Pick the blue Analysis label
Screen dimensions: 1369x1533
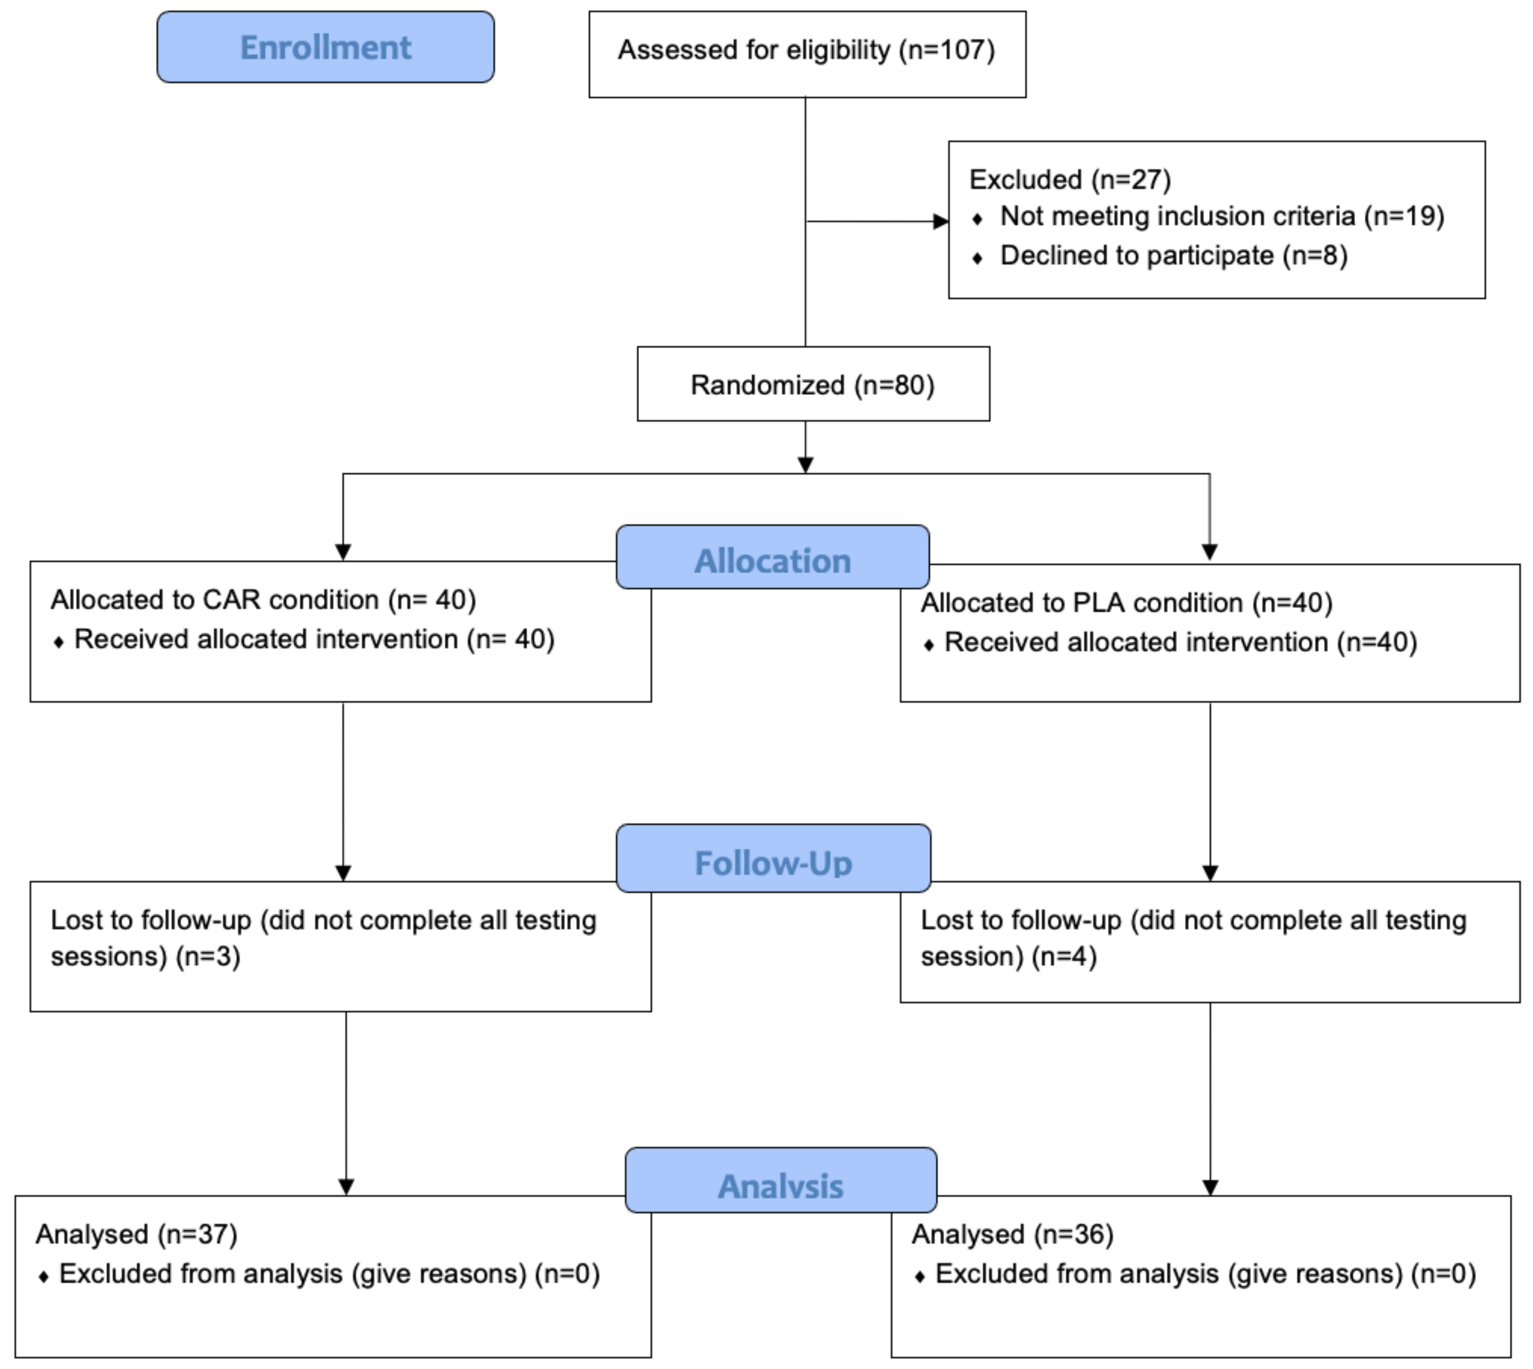tap(781, 1186)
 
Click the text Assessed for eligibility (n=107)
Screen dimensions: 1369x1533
tap(806, 50)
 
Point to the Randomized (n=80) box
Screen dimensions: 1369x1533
tap(812, 384)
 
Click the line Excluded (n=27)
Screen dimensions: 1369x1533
tap(1070, 180)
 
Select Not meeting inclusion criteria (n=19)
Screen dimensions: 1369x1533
tap(1222, 217)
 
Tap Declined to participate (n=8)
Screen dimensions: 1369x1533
tap(1173, 256)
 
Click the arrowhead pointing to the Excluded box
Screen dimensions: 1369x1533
tap(940, 221)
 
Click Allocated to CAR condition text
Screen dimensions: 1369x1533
tap(263, 600)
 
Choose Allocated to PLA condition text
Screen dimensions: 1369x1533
tap(1126, 602)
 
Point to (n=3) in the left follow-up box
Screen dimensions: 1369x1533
tap(208, 956)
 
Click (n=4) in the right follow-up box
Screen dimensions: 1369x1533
tap(1064, 956)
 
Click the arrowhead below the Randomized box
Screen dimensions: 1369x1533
tap(806, 465)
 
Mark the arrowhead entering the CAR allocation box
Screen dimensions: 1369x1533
tap(343, 552)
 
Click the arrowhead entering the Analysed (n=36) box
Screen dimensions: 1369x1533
tap(1210, 1187)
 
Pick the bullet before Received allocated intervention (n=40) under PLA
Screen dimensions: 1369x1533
tap(929, 645)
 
